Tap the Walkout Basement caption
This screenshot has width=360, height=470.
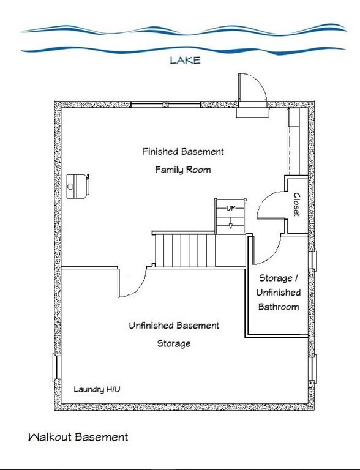(x=78, y=437)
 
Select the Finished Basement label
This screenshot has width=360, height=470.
(x=183, y=151)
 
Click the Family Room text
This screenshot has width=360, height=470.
(x=182, y=170)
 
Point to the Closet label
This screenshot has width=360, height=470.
(x=296, y=204)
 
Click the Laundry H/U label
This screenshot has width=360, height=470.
(x=101, y=389)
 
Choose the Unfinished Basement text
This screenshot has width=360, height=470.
(x=174, y=326)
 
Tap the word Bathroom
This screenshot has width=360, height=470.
(x=279, y=307)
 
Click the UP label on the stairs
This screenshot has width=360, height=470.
(x=230, y=209)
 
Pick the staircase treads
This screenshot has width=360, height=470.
(x=184, y=250)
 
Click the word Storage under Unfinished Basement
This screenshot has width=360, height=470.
(x=174, y=343)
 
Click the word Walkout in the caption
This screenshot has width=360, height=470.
(x=49, y=437)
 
